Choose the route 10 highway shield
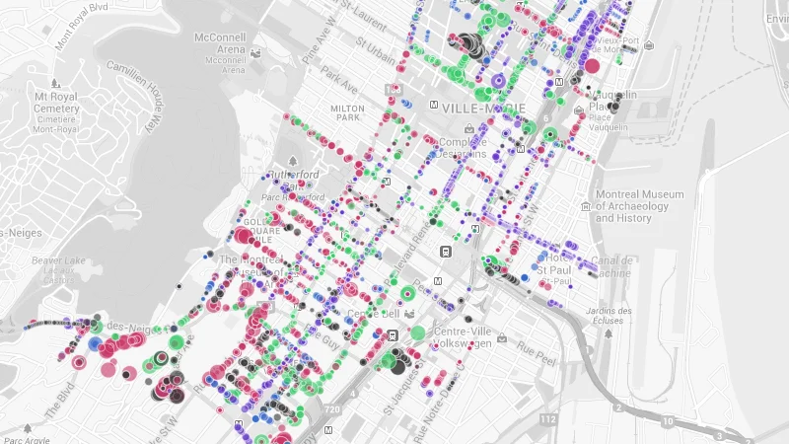[668, 422]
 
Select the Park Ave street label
[336, 75]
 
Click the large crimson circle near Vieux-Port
[592, 66]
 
